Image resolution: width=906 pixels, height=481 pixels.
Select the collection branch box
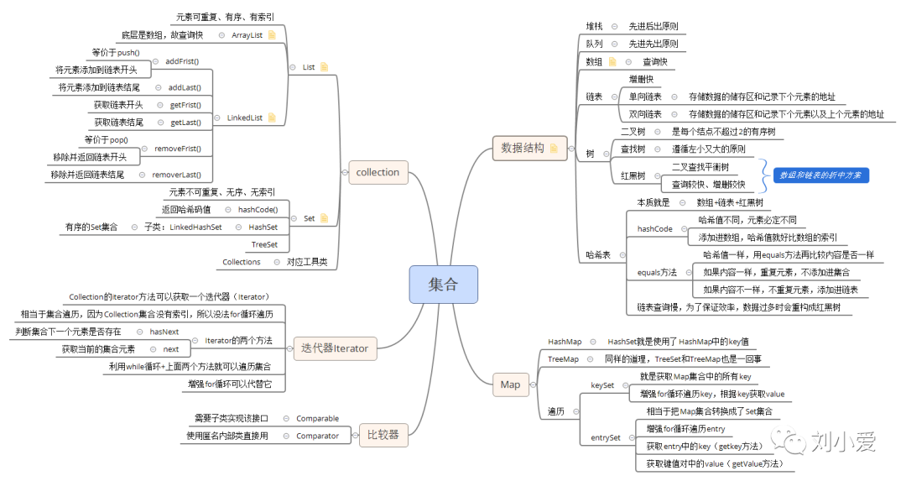377,172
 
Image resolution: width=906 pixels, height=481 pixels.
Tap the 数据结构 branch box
523,148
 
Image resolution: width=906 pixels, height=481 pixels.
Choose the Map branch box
510,384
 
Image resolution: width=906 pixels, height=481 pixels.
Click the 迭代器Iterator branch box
334,348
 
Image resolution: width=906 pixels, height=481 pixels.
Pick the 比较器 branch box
382,435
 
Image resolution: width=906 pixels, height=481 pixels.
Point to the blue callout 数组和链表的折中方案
820,175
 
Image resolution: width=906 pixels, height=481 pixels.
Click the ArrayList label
247,35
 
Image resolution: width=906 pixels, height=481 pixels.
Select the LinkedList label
244,118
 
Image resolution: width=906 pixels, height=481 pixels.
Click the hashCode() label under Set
258,209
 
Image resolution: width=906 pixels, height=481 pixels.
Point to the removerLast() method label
176,175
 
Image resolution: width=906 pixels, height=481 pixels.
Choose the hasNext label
164,332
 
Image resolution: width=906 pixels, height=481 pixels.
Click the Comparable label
317,418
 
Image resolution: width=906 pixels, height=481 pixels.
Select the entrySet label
606,437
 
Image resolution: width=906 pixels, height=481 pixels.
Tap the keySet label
603,384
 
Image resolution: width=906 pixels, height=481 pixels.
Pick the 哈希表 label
597,254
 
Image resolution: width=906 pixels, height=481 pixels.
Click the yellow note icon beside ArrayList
272,35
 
